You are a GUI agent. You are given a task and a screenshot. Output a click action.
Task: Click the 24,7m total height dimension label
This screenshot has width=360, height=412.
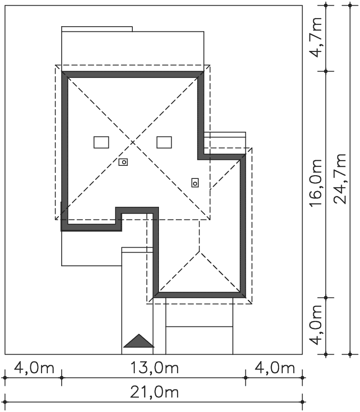click(340, 178)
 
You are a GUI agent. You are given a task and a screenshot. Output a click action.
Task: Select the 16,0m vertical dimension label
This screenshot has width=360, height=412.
click(315, 183)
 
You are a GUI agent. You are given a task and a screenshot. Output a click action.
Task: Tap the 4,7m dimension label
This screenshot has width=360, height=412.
click(315, 37)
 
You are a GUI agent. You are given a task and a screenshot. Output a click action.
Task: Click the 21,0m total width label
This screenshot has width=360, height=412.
click(155, 392)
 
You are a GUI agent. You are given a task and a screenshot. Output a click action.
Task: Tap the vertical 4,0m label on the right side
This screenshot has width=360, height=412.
click(315, 325)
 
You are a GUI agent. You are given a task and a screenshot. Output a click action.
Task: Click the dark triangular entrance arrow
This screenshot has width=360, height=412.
click(138, 341)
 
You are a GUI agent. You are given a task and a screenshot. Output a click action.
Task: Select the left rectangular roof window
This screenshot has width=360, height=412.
click(101, 142)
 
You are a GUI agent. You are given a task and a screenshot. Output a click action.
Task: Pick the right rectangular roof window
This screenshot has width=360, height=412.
click(164, 142)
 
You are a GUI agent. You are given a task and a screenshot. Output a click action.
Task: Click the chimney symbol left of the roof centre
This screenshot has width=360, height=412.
click(123, 162)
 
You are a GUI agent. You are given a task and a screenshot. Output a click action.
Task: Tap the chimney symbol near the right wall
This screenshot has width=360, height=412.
click(195, 183)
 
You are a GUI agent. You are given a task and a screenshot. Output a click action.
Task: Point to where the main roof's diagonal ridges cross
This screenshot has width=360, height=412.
click(133, 142)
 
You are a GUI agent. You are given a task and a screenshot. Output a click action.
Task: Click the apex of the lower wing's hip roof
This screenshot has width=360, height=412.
click(199, 251)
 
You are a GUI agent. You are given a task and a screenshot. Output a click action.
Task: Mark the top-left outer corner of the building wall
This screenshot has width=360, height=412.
click(62, 71)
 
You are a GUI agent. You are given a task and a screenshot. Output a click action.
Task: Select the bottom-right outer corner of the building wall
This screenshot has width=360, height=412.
click(245, 298)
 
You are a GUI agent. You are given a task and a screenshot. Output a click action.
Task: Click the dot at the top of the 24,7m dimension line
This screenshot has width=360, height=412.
click(350, 5)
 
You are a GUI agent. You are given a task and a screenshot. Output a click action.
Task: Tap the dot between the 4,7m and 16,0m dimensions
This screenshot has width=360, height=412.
click(326, 71)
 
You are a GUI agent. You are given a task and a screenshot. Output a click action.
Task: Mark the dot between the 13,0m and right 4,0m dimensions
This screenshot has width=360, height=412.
click(245, 377)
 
